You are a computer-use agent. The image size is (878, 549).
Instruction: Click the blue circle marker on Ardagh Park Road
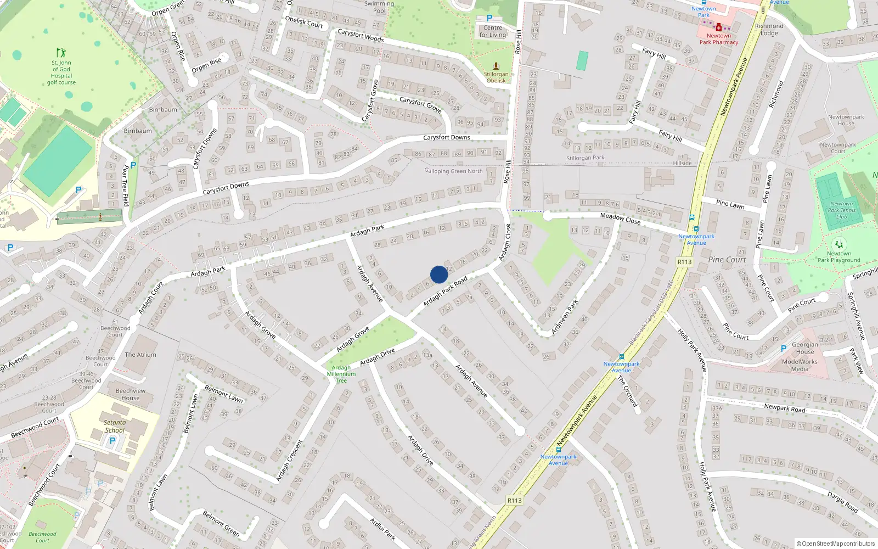439,274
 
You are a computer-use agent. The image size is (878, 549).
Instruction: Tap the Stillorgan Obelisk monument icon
496,66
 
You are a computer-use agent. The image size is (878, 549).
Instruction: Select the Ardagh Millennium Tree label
341,374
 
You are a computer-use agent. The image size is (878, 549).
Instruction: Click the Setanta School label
115,426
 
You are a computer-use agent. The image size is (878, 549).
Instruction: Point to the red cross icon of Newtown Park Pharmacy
719,26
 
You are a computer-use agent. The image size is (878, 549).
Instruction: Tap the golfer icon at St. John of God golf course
61,53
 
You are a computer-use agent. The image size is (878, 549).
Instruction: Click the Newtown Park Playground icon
838,244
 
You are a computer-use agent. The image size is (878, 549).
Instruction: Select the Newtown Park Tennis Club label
841,210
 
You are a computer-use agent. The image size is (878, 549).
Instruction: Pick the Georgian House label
804,348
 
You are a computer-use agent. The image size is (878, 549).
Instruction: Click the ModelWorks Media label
800,365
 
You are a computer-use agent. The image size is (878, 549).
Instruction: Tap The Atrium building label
140,355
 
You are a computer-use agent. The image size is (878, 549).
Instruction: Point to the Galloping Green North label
453,171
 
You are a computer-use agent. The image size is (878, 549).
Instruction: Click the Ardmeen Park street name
565,317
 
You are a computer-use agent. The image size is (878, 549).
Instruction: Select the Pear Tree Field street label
126,186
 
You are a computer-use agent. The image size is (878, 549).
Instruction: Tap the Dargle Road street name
842,502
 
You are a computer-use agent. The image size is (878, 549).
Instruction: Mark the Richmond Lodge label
769,30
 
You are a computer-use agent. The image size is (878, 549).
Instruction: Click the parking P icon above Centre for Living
489,18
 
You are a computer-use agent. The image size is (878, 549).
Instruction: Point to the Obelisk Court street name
304,21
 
